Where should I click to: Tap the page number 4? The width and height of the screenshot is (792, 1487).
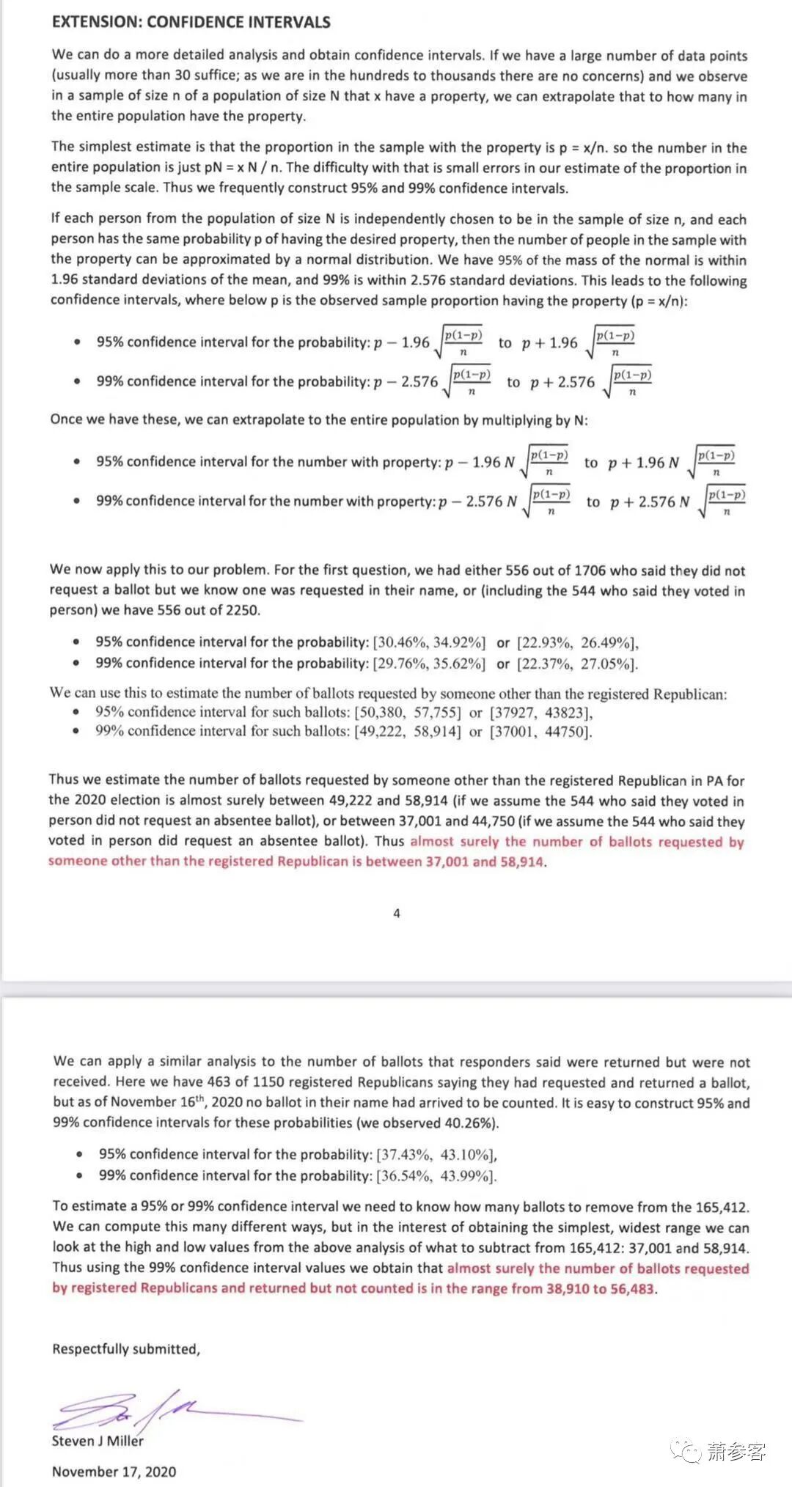(397, 914)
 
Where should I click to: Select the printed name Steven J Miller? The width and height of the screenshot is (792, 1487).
(98, 1441)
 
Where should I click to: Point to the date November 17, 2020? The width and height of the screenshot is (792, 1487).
(114, 1472)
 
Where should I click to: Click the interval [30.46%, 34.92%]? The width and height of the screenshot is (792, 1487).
(429, 643)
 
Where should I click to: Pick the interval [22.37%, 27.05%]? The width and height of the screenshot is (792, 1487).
(578, 664)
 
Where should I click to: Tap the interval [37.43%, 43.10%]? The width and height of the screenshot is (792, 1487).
(436, 1154)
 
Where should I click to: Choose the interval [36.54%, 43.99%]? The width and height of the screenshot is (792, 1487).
(436, 1175)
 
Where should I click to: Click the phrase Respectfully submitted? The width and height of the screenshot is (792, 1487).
(125, 1349)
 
